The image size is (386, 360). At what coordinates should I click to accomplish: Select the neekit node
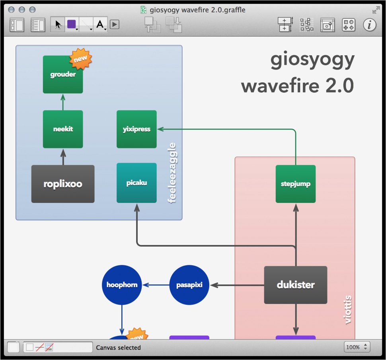click(x=63, y=129)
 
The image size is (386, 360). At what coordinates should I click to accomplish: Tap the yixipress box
click(x=136, y=129)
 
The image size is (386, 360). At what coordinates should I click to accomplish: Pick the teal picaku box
click(x=136, y=183)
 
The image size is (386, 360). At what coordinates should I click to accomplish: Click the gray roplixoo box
click(x=63, y=184)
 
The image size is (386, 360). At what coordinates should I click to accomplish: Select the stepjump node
click(x=295, y=184)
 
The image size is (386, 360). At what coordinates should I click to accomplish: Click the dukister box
click(x=295, y=285)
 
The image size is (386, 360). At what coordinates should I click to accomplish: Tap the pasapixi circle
click(x=189, y=285)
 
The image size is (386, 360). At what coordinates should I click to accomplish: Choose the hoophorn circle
click(x=122, y=285)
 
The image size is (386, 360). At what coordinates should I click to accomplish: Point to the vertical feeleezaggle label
click(x=173, y=173)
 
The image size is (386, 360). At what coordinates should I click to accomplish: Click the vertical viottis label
click(x=348, y=309)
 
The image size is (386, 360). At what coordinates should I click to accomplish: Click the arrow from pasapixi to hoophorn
click(x=156, y=285)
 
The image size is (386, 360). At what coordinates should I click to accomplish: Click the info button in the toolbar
click(x=369, y=25)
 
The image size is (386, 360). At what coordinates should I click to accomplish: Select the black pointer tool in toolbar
click(x=58, y=25)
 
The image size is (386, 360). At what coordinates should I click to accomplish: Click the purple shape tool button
click(x=72, y=25)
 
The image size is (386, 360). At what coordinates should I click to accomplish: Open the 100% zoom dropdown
click(x=357, y=347)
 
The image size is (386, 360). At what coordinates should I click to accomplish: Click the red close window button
click(x=12, y=9)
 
